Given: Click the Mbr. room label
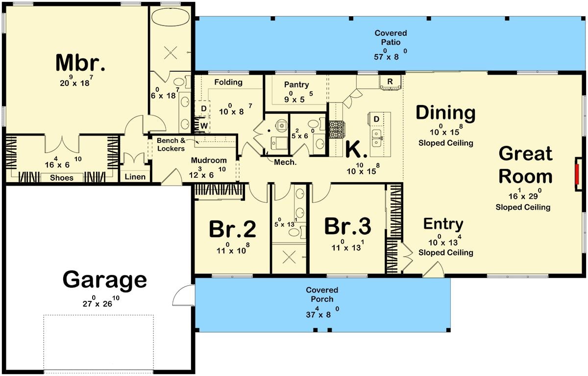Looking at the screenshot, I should pos(81,63).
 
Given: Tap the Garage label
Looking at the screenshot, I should pos(104,280).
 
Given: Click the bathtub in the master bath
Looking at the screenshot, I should pos(170,19).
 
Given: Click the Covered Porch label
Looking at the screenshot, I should pos(322,295).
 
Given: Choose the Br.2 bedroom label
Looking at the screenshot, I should pos(232,229).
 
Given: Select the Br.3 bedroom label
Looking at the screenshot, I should pos(348,227).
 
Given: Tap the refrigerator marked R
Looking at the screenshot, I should pos(390,81).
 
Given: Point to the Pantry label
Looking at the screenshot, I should pos(296,84).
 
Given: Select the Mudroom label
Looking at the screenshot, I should pos(209,161).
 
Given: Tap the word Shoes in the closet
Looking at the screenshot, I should pos(62,178).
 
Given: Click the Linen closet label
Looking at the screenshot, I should pos(135,176).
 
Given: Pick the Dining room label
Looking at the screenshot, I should pos(445,113).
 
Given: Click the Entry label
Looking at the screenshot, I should pos(443,224).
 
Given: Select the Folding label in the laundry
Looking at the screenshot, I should pos(228,82).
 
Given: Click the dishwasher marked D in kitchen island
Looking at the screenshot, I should pos(376,119).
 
